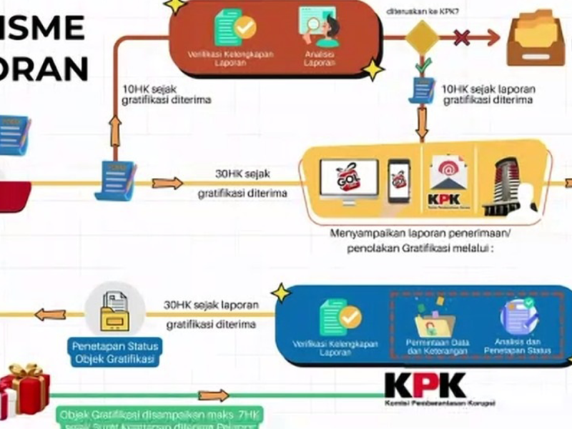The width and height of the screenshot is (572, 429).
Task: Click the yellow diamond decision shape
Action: point(422,37)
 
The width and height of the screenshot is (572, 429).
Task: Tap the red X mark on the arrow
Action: point(463,37)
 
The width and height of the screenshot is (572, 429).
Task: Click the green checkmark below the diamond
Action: point(423,66)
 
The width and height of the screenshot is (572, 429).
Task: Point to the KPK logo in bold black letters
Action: point(425,385)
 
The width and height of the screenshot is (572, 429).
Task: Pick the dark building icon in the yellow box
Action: point(509,184)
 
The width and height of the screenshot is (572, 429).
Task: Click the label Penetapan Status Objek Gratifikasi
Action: point(114,353)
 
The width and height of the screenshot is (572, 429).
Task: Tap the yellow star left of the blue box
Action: point(281,293)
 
